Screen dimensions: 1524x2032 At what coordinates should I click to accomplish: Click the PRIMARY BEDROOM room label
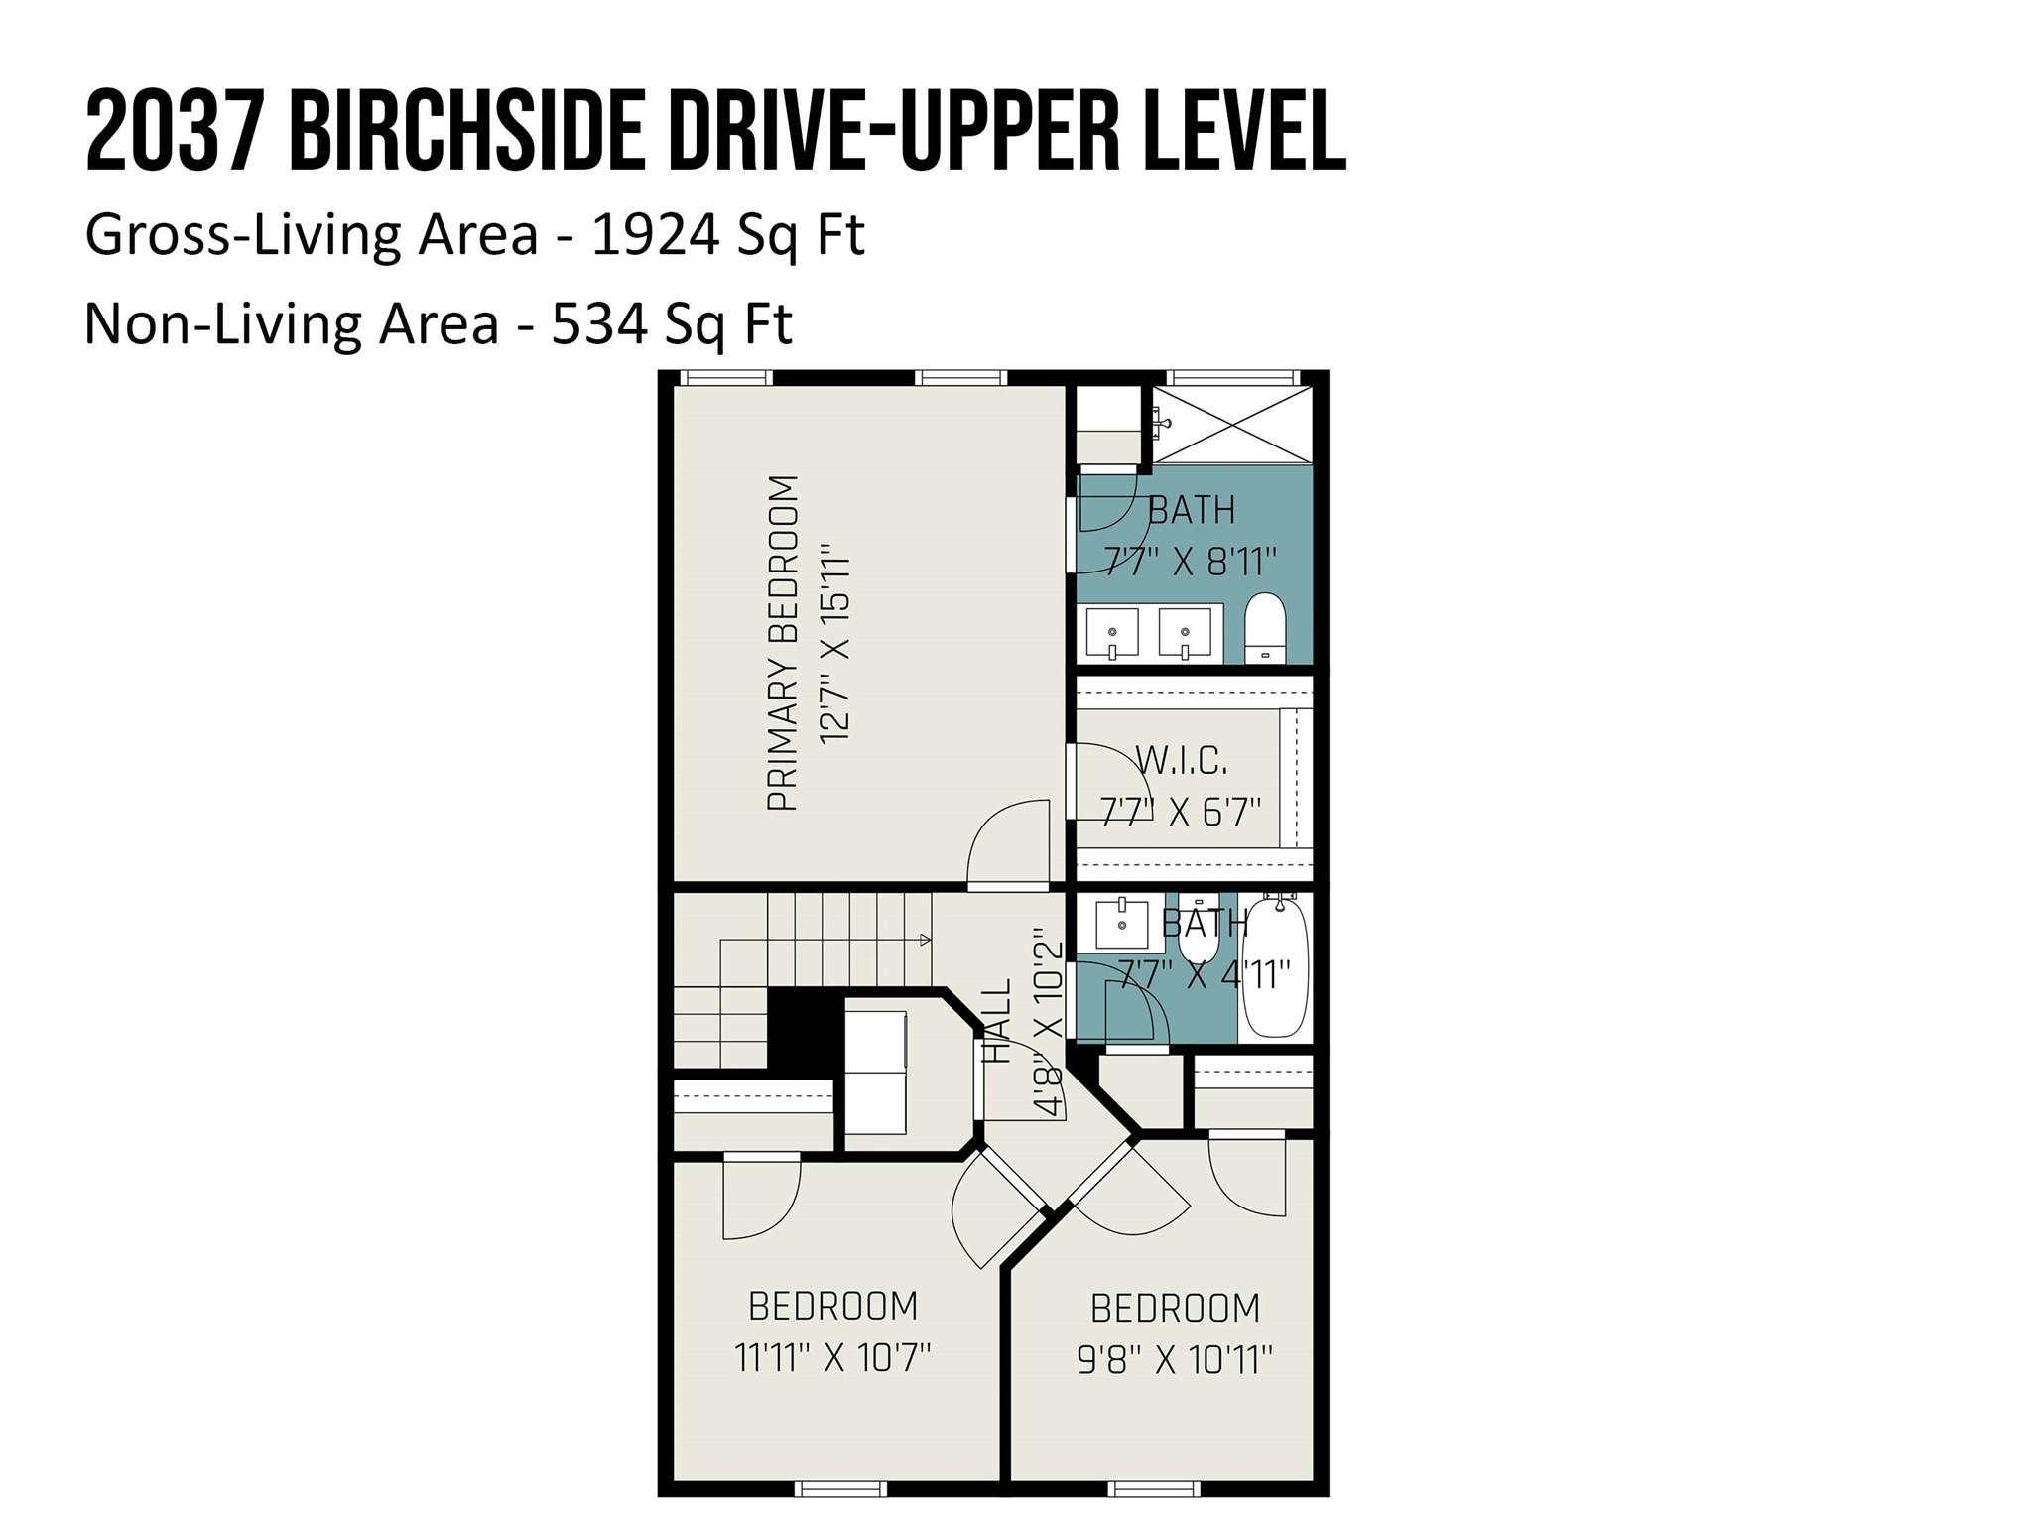click(783, 643)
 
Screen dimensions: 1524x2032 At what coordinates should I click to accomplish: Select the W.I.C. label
click(1181, 761)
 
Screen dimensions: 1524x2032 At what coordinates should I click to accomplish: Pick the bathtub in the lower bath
click(1275, 967)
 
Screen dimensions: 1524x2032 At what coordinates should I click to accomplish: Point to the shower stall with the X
click(1230, 425)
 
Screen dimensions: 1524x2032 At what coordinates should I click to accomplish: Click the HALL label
click(996, 1021)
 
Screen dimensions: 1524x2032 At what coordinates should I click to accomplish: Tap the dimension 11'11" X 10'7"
click(832, 1356)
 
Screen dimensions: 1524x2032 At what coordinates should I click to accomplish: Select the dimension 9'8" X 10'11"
click(1175, 1359)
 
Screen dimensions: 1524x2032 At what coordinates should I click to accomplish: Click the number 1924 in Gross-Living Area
click(655, 235)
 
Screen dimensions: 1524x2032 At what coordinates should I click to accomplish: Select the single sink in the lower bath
click(1122, 925)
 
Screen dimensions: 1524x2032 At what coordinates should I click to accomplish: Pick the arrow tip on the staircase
click(926, 939)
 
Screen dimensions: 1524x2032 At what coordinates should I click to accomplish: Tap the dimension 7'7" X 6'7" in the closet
click(1180, 812)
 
